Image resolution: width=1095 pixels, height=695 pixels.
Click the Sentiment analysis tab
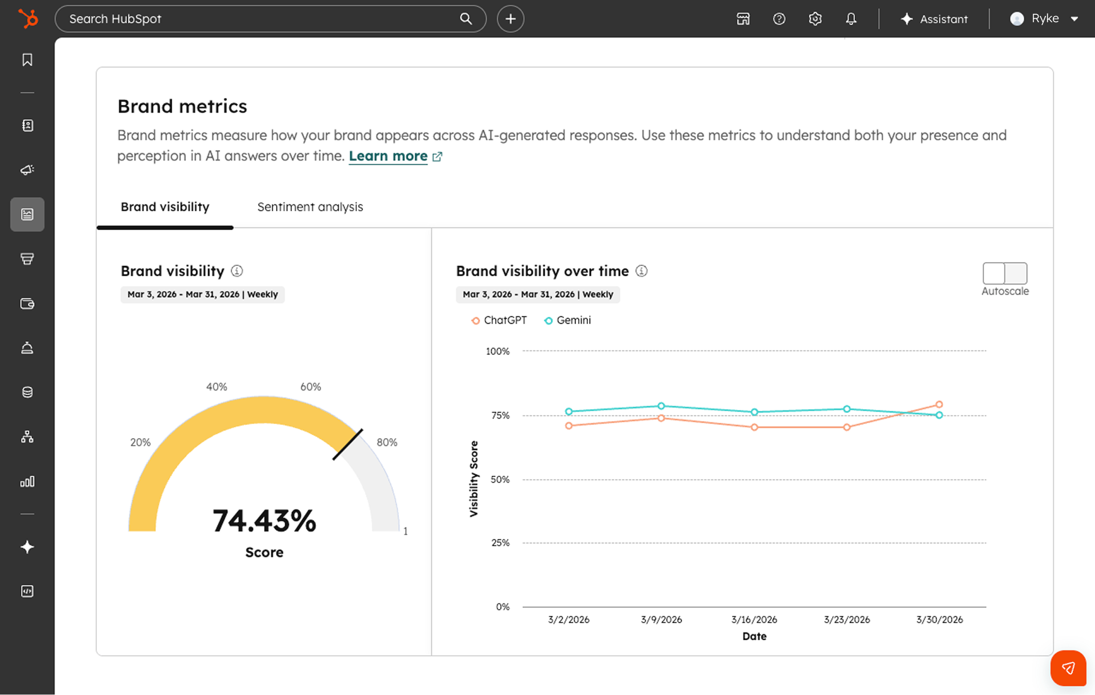click(x=310, y=207)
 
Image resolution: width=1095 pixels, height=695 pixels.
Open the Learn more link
click(x=388, y=156)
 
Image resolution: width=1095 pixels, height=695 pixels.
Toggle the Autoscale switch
click(x=1004, y=273)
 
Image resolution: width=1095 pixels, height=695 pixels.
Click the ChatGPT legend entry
click(x=499, y=320)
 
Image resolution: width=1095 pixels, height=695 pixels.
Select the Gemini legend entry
click(x=567, y=320)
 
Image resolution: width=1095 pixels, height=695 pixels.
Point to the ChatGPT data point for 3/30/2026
click(x=939, y=404)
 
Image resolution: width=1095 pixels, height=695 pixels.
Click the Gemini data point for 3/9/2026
click(x=661, y=406)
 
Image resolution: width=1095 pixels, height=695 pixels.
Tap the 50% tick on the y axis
click(x=500, y=480)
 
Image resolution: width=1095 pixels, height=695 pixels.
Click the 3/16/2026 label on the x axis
click(x=754, y=619)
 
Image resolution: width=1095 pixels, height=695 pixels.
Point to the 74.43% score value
click(x=264, y=521)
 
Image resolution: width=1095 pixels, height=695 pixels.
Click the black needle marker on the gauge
click(x=347, y=444)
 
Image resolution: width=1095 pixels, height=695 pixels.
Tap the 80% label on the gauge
click(x=387, y=442)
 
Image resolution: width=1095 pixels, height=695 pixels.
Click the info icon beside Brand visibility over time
click(x=642, y=271)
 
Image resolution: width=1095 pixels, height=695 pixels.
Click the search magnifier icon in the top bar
click(x=466, y=19)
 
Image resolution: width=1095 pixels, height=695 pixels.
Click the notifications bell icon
click(x=851, y=19)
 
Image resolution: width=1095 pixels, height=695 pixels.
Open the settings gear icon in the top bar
click(x=815, y=19)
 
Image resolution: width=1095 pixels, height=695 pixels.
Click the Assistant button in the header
click(x=934, y=19)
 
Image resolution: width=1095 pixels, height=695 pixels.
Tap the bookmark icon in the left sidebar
click(x=27, y=60)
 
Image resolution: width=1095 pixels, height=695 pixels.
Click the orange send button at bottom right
click(x=1068, y=668)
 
